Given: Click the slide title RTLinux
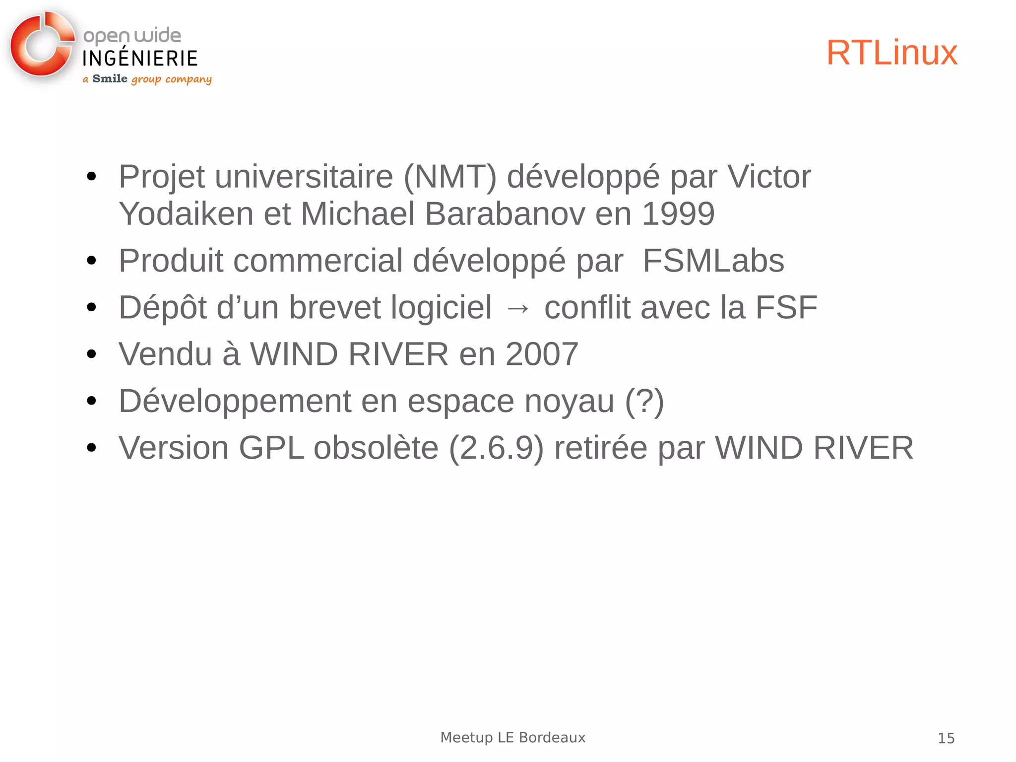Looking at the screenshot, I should pyautogui.click(x=891, y=53).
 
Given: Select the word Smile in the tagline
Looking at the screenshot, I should pyautogui.click(x=110, y=78).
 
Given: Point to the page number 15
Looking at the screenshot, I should pyautogui.click(x=946, y=738).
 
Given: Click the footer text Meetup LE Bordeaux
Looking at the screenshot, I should pyautogui.click(x=513, y=737).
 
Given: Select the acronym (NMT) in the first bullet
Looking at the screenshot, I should pyautogui.click(x=450, y=177).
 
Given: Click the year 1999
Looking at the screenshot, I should pyautogui.click(x=678, y=214).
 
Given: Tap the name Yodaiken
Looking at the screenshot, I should pyautogui.click(x=186, y=214).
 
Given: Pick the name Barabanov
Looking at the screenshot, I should pyautogui.click(x=505, y=214).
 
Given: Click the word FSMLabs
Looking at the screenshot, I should pyautogui.click(x=713, y=261).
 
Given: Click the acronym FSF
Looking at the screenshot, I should pyautogui.click(x=786, y=307).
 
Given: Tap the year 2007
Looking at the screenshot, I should pyautogui.click(x=542, y=354).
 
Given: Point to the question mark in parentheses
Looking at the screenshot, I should pyautogui.click(x=644, y=401).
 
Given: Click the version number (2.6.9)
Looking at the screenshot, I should pyautogui.click(x=496, y=448).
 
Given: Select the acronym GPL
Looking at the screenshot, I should pyautogui.click(x=271, y=448).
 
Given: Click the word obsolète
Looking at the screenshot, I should pyautogui.click(x=376, y=448).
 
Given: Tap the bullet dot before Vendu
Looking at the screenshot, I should pyautogui.click(x=91, y=354).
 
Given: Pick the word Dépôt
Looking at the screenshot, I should pyautogui.click(x=162, y=307).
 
